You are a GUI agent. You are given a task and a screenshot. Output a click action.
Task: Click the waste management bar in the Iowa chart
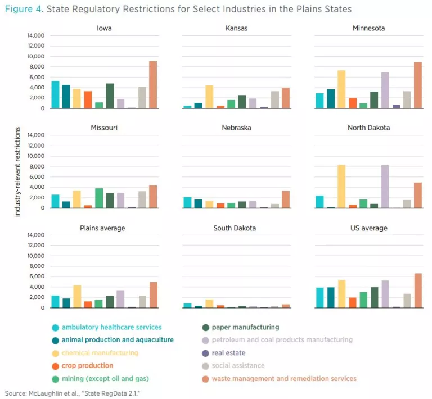(x=153, y=84)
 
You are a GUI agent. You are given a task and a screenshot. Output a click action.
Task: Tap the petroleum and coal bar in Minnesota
(x=385, y=90)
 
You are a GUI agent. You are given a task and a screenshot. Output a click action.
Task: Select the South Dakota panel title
(x=236, y=228)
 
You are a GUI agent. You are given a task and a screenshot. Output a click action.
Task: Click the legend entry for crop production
(x=87, y=366)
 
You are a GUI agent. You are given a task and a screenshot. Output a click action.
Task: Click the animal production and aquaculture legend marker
(x=55, y=341)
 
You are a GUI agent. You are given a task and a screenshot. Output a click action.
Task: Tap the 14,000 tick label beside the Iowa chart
(x=35, y=35)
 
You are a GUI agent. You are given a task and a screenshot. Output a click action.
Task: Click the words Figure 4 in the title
(x=23, y=10)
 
